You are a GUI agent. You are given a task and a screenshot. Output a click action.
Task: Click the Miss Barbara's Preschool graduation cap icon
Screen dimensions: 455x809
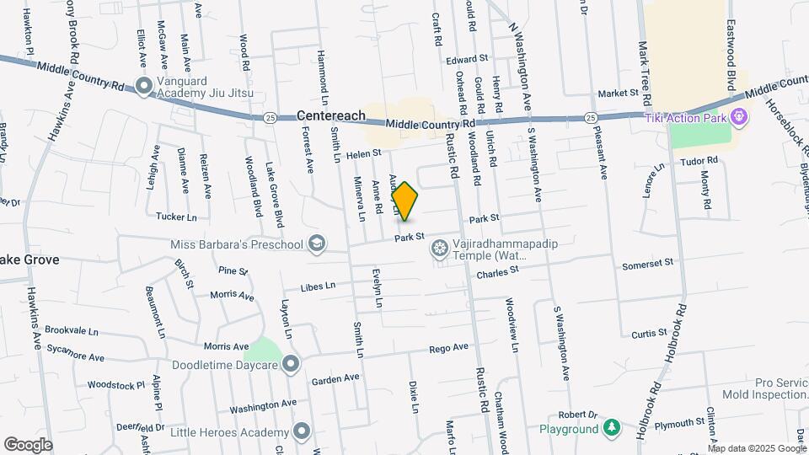coord(316,244)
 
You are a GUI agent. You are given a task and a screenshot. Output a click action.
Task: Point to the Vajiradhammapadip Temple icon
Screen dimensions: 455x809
coord(439,249)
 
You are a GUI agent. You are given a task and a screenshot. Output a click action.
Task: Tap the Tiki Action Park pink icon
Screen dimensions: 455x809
coord(739,117)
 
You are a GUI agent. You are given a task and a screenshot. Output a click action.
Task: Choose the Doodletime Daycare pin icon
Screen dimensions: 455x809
coord(291,365)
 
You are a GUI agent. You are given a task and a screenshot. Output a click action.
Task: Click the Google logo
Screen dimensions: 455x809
coord(28,444)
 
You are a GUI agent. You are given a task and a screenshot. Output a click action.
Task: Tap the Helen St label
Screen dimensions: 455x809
coord(364,153)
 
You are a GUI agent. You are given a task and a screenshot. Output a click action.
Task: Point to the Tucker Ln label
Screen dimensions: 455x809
coord(176,217)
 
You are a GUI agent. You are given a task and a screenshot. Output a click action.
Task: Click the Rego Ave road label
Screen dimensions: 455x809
coord(448,347)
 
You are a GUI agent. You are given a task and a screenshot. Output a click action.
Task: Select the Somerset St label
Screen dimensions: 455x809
coord(647,264)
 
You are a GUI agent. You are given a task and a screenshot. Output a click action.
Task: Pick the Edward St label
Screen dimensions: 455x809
coord(468,60)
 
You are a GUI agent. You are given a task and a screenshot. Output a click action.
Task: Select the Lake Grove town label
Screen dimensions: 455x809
coord(30,260)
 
